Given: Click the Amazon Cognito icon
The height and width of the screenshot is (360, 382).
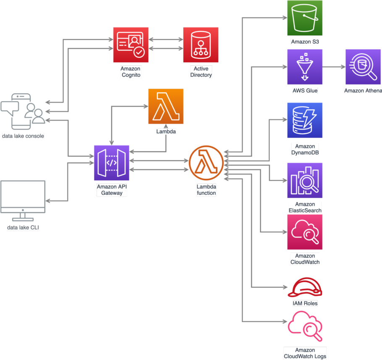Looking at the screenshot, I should coord(131,45).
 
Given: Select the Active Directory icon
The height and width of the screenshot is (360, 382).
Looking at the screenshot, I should coord(201,45).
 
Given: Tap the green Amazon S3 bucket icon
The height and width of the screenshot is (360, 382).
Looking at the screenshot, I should coord(304,18).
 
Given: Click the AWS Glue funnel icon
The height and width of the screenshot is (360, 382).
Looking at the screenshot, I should coord(304,67).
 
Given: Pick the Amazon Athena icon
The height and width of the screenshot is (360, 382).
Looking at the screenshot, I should coord(363,67).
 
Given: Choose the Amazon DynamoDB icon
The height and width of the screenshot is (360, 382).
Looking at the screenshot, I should coord(304,120).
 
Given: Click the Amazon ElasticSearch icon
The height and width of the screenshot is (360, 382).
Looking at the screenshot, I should coord(304,181).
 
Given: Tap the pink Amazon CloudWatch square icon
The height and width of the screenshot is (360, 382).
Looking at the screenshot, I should coord(304,232).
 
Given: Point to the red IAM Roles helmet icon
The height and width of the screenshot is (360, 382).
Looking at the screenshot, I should coord(304,288).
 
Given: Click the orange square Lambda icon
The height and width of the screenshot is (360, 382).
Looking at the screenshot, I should coord(165,107).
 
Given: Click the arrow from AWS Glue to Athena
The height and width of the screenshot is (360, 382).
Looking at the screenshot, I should coord(334,67).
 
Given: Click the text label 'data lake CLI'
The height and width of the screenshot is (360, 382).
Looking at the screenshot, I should coord(23,228).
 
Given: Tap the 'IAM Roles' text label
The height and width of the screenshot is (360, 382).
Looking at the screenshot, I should coord(305,303).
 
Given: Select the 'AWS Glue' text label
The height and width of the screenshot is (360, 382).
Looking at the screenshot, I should coord(305,90).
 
